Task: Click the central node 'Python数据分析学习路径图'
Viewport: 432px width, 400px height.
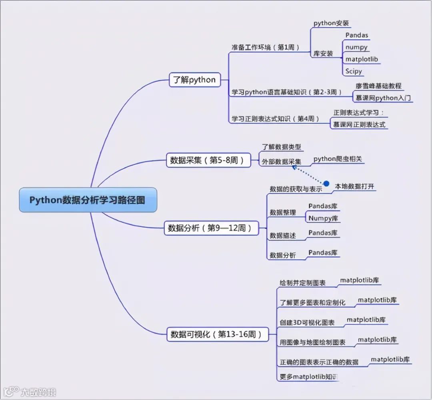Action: click(x=88, y=200)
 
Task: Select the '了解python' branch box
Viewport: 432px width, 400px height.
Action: click(x=194, y=80)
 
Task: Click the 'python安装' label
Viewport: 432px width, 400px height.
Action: click(x=332, y=23)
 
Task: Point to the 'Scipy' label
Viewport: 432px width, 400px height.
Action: click(x=354, y=71)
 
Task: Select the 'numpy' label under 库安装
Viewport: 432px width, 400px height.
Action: click(x=356, y=47)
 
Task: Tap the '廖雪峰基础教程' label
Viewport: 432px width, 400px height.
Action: click(x=378, y=86)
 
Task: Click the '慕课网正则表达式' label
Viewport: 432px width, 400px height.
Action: click(x=359, y=124)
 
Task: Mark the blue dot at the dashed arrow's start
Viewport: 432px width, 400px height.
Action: click(x=326, y=183)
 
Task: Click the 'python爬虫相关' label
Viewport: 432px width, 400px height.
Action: click(x=338, y=159)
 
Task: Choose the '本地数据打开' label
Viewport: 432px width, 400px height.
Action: click(x=354, y=186)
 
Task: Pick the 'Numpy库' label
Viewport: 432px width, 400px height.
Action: click(x=323, y=218)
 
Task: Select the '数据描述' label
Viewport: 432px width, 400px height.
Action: click(x=283, y=236)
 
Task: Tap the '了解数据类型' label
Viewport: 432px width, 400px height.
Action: click(x=281, y=147)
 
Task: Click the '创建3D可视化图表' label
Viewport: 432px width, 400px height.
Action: click(x=307, y=322)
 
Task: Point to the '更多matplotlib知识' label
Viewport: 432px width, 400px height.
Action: click(x=309, y=377)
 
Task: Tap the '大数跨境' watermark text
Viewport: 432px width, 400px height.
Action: click(x=38, y=392)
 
